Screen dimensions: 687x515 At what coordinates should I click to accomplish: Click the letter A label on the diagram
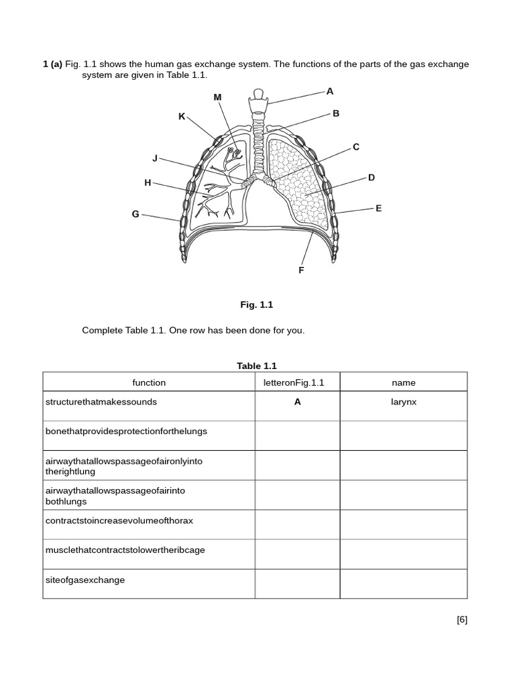point(329,91)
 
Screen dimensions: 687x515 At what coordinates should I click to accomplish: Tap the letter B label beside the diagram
point(336,113)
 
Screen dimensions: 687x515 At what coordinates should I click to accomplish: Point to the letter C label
point(356,147)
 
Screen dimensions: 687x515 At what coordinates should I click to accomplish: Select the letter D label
point(371,177)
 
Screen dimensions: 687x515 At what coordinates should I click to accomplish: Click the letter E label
point(378,208)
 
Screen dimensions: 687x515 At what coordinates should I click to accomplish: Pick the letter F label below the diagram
point(301,270)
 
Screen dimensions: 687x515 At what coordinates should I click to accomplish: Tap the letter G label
point(135,214)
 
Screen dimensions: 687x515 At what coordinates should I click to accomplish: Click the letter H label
point(148,182)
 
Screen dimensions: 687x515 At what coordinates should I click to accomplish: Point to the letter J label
point(155,158)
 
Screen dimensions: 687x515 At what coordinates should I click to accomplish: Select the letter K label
point(181,116)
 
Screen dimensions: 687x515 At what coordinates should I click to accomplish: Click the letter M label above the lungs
point(217,97)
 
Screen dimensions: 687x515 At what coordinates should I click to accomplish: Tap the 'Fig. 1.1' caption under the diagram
point(257,305)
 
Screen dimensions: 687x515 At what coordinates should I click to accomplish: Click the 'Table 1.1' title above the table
point(256,366)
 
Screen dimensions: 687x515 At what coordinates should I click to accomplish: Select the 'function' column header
point(149,382)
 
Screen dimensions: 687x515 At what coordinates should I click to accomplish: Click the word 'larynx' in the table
point(404,402)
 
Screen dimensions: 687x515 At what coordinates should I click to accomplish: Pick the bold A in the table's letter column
point(297,402)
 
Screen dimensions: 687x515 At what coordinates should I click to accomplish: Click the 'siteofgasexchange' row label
point(85,580)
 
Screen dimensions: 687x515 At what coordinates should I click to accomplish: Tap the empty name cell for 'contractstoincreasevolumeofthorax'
point(404,525)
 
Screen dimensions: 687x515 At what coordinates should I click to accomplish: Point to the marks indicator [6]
point(462,619)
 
